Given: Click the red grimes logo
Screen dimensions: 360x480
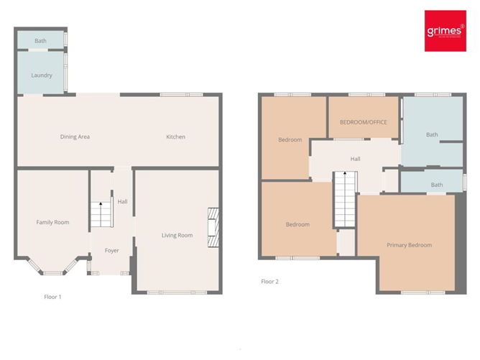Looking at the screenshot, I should coord(445,30).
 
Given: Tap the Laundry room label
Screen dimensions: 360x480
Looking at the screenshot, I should coord(42,75).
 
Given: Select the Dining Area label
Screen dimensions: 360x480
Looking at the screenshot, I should coord(75,137).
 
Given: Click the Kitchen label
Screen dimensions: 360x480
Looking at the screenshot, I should coord(175,137).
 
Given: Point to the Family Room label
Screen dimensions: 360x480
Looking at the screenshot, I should coord(52,222).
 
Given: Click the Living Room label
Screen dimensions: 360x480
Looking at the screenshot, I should coord(177,235).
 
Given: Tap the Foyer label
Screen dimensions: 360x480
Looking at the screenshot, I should coord(111,250).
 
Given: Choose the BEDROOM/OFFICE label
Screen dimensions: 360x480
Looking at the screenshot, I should coord(363,122).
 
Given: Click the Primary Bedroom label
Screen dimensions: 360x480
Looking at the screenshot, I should coord(409,245).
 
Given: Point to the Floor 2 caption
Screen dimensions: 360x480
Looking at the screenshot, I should coord(269,282).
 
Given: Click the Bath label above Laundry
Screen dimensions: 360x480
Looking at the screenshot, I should coord(40,41).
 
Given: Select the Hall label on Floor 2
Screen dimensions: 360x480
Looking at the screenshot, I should coord(355,159).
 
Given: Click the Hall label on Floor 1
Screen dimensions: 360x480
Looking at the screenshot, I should coord(122,202).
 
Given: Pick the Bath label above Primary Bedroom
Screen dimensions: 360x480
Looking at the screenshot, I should coord(437,185).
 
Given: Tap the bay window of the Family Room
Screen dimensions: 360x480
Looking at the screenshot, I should coord(52,272).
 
